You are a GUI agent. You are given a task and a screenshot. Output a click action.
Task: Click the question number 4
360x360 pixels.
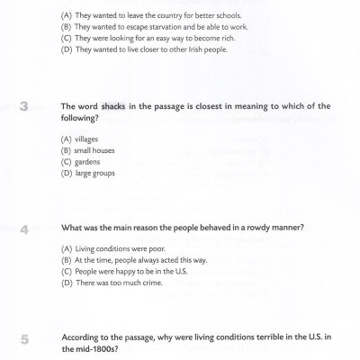[24, 229]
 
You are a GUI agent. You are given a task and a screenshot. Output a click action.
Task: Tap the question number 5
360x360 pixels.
[24, 339]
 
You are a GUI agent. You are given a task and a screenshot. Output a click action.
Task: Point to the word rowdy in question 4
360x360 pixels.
[247, 227]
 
